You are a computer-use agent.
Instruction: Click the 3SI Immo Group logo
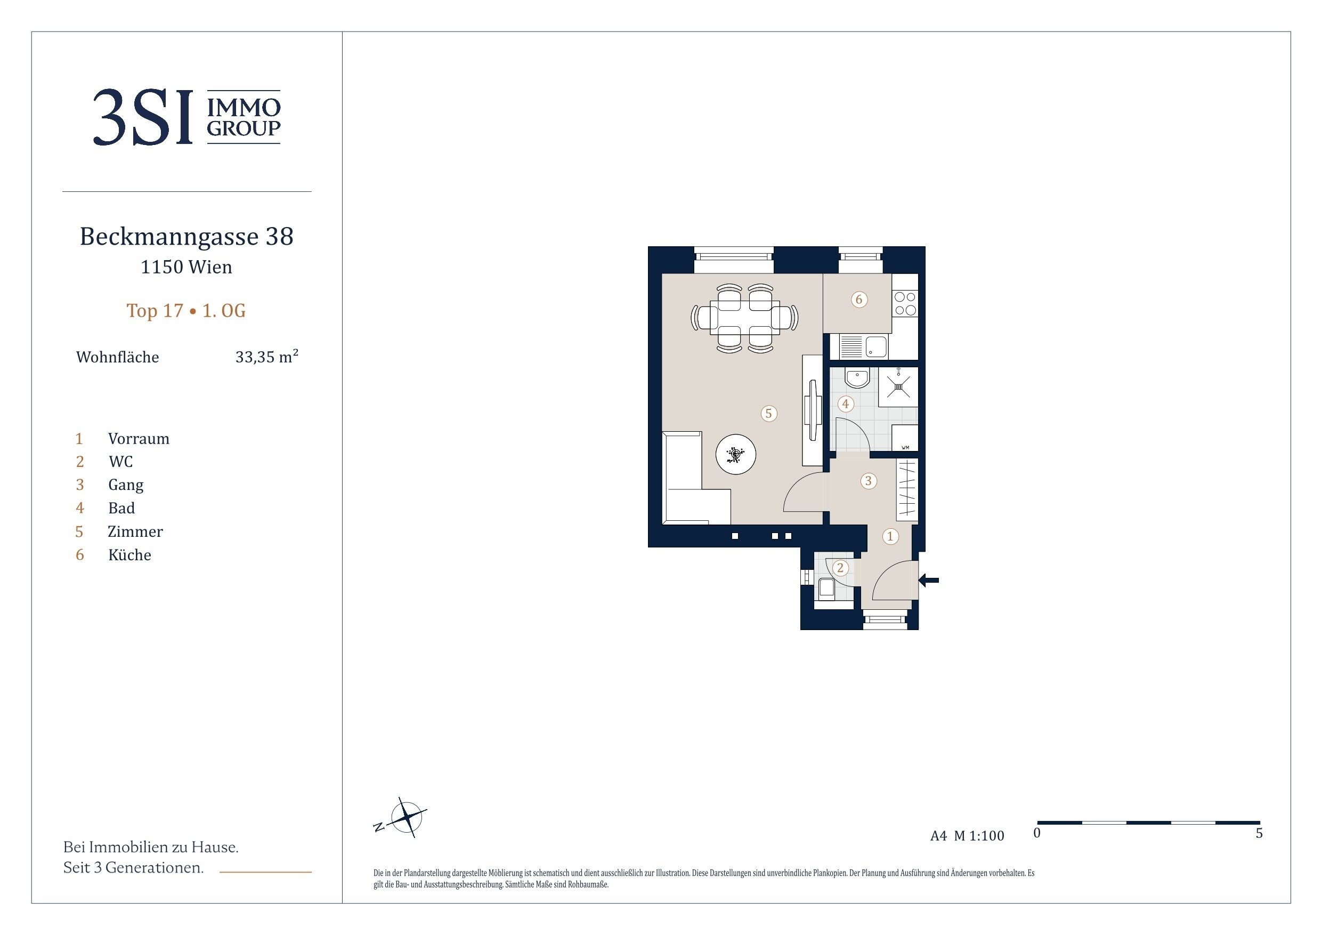pyautogui.click(x=186, y=117)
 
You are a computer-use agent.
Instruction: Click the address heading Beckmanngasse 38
pyautogui.click(x=186, y=236)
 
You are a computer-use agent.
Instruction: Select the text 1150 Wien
pyautogui.click(x=186, y=267)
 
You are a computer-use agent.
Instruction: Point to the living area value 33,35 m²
pyautogui.click(x=266, y=357)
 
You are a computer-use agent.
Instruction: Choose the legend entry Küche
pyautogui.click(x=129, y=555)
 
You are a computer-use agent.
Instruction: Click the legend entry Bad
pyautogui.click(x=121, y=508)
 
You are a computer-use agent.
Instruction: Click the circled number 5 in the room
pyautogui.click(x=769, y=414)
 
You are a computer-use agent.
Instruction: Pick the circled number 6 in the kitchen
pyautogui.click(x=859, y=299)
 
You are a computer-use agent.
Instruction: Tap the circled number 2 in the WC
pyautogui.click(x=840, y=568)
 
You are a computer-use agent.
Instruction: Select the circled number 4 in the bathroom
pyautogui.click(x=845, y=404)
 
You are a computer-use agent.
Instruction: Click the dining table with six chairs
pyautogui.click(x=745, y=318)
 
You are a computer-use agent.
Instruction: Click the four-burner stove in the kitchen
pyautogui.click(x=905, y=304)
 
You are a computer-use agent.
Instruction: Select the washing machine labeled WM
pyautogui.click(x=905, y=438)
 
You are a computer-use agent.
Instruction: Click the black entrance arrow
pyautogui.click(x=928, y=580)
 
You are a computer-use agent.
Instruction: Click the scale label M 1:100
pyautogui.click(x=979, y=836)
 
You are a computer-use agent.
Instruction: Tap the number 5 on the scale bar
pyautogui.click(x=1259, y=834)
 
